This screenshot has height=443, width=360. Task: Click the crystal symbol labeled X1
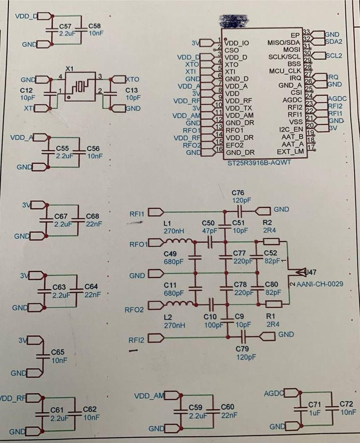pos(80,86)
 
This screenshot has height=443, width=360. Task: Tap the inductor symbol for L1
pos(178,242)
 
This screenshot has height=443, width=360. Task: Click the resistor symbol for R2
pos(271,242)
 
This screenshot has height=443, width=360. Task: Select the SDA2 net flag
pos(333,42)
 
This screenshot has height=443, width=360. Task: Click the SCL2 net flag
pos(333,56)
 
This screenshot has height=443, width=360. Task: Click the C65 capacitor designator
pos(58,352)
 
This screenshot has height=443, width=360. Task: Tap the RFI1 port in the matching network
pos(137,214)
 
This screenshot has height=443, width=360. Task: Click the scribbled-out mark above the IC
pos(234,20)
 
